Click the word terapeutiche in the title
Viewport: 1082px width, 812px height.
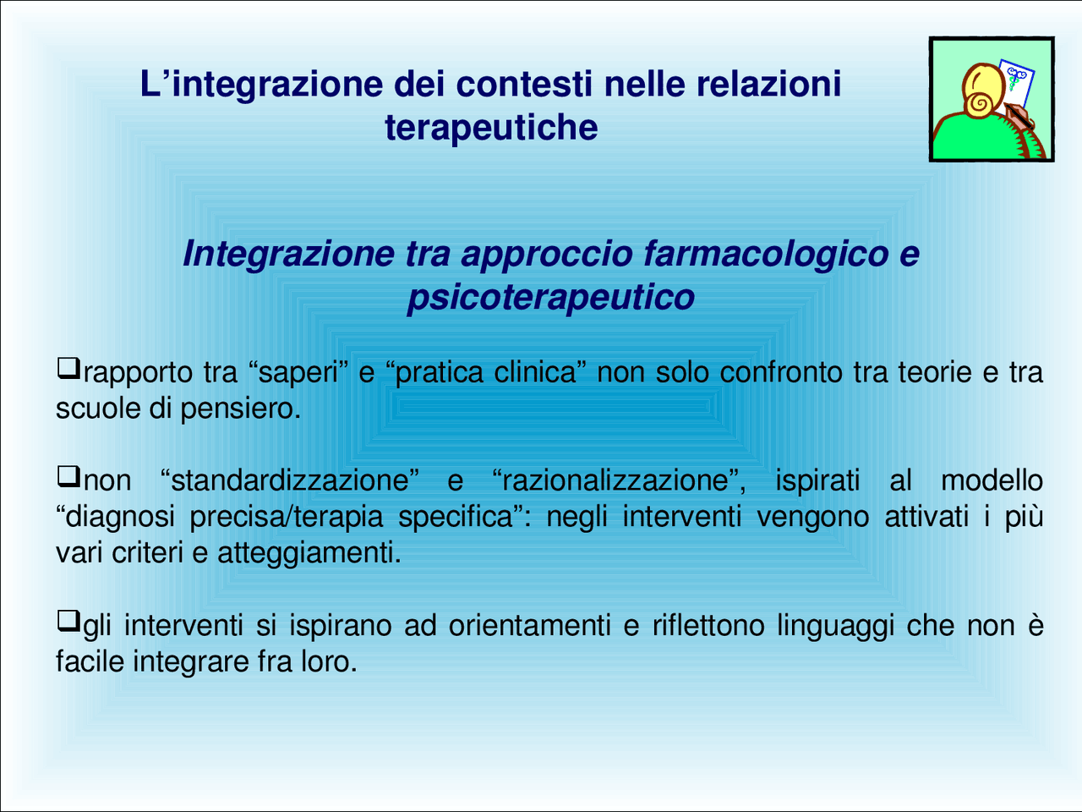(491, 129)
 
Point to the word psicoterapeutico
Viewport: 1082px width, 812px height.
(550, 298)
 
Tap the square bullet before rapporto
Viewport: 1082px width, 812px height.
(68, 369)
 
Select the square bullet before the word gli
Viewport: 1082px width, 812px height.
(68, 623)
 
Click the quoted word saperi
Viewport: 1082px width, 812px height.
(299, 372)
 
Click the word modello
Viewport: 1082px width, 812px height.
(992, 480)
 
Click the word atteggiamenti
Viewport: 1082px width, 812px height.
(309, 553)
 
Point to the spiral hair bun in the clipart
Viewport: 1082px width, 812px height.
(981, 103)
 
